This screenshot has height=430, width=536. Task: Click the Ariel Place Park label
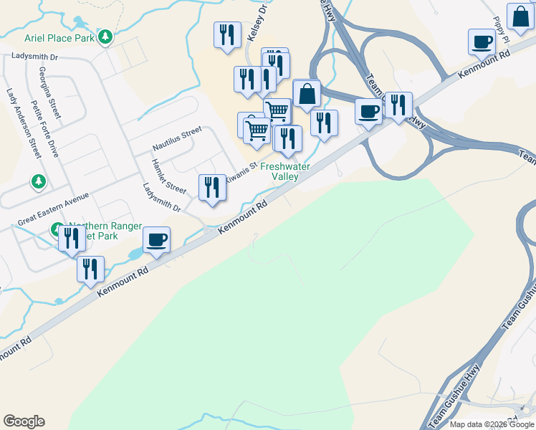[60, 37]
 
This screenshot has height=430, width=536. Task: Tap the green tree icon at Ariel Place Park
[106, 36]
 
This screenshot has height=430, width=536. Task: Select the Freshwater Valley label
[284, 171]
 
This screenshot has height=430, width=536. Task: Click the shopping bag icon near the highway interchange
[307, 93]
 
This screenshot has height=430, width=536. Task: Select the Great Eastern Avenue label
[54, 207]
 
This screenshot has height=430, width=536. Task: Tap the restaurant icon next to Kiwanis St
[212, 187]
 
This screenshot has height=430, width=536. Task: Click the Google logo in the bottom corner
[24, 421]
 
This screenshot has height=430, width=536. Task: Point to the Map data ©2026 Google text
[492, 424]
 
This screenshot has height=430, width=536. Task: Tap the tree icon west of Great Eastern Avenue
[38, 182]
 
